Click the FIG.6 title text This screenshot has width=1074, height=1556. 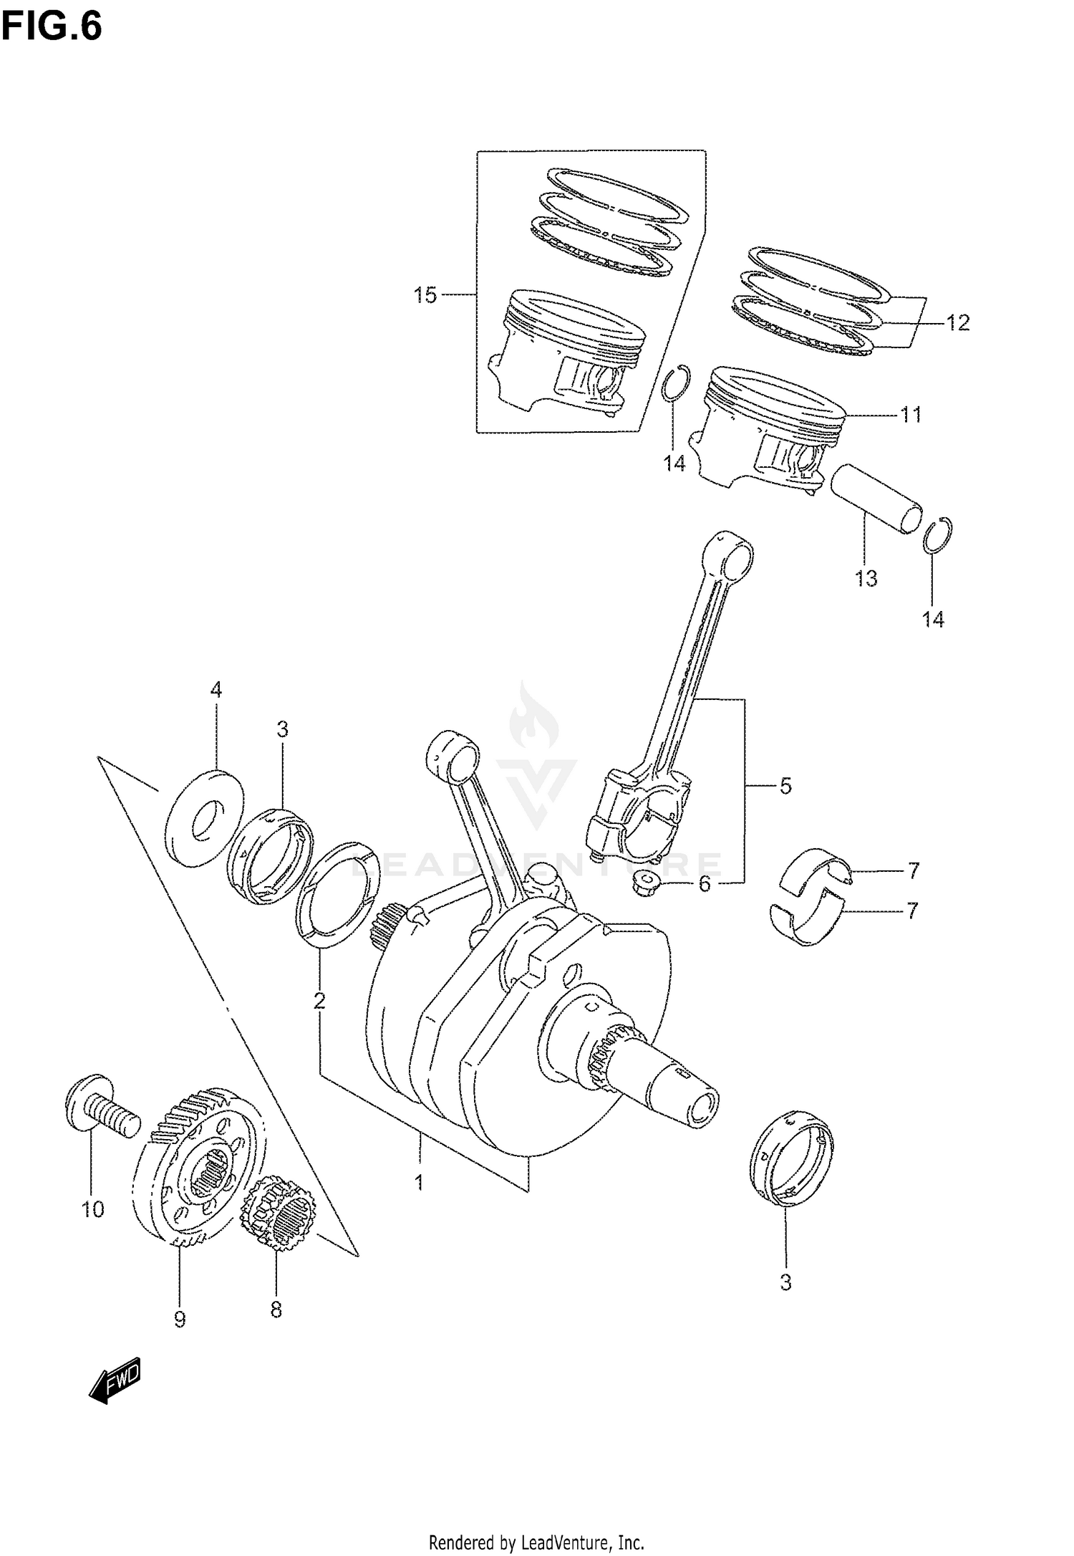52,27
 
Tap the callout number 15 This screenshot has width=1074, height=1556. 425,295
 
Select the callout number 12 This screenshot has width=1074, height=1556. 957,323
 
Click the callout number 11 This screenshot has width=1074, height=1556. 910,415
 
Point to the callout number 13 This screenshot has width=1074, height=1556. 866,578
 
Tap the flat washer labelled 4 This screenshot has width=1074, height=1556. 204,818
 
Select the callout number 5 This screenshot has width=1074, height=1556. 785,786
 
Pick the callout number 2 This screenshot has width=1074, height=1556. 319,1000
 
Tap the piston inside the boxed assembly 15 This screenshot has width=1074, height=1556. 566,351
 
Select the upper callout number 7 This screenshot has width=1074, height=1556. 912,871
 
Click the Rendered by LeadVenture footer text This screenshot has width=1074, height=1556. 536,1541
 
